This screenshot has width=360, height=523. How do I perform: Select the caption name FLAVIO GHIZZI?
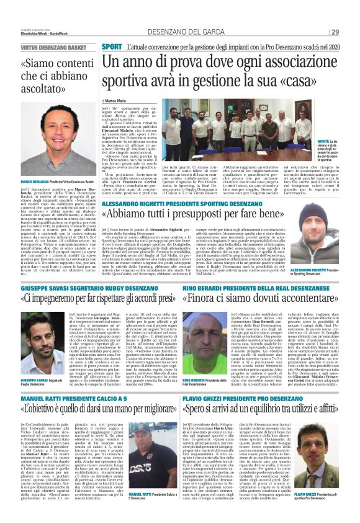tap(308, 494)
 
